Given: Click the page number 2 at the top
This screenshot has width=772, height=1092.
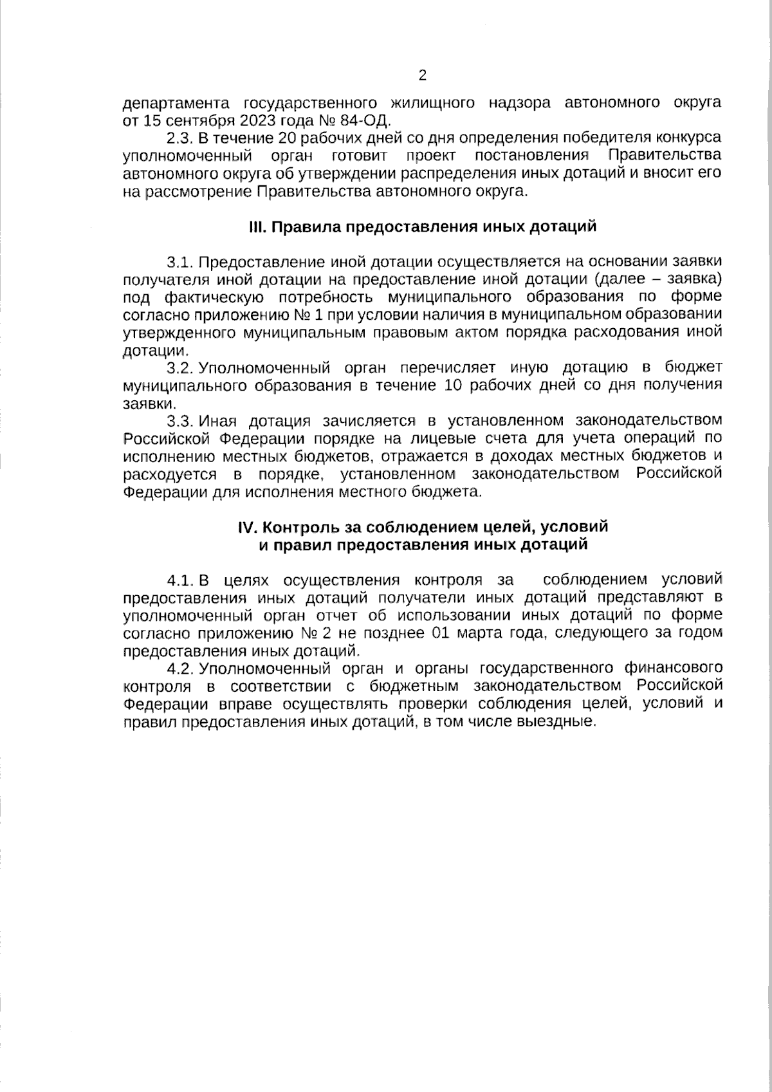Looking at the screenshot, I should pos(423,76).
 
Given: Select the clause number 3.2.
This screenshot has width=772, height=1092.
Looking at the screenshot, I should pos(179,368).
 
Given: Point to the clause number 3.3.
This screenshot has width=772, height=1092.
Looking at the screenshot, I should pos(179,421).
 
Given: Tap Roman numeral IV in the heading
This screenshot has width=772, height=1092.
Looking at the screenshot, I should pos(248,526).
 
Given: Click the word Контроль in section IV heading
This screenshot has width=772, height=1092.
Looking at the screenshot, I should pos(296,526).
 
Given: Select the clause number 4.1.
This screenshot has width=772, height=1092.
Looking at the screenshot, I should pos(179,580).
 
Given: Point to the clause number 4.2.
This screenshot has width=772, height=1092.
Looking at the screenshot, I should pos(179,668).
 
